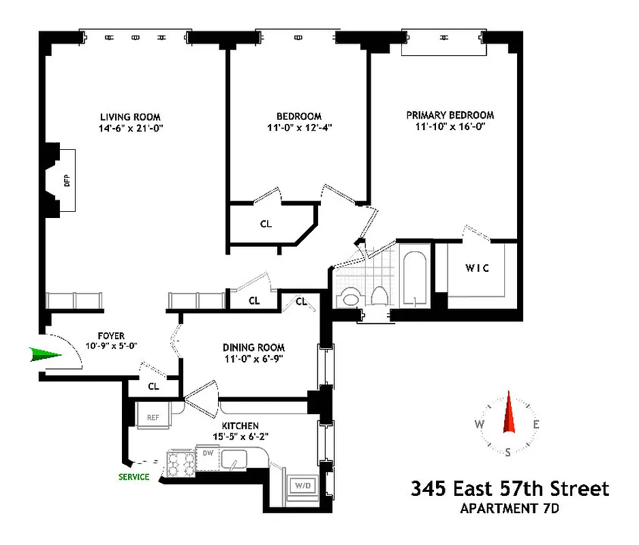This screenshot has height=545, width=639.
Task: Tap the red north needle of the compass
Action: coord(508,413)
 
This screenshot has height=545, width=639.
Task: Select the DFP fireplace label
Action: coord(67,181)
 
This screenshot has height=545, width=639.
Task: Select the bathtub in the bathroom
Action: coord(414,280)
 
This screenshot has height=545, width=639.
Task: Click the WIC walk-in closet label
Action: coord(477,268)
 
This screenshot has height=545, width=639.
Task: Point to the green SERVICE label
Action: coord(134,477)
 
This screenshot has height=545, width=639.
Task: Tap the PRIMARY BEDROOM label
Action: coord(450,115)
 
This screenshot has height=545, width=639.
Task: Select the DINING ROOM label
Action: coord(253,347)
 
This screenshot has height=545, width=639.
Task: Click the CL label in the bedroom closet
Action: coord(266,223)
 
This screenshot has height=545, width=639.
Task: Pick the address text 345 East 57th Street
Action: coord(509,488)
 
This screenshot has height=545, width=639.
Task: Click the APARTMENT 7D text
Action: coord(509,508)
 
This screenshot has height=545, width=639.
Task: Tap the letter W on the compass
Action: coord(480,424)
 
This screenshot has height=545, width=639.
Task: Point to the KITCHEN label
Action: coord(240,426)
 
